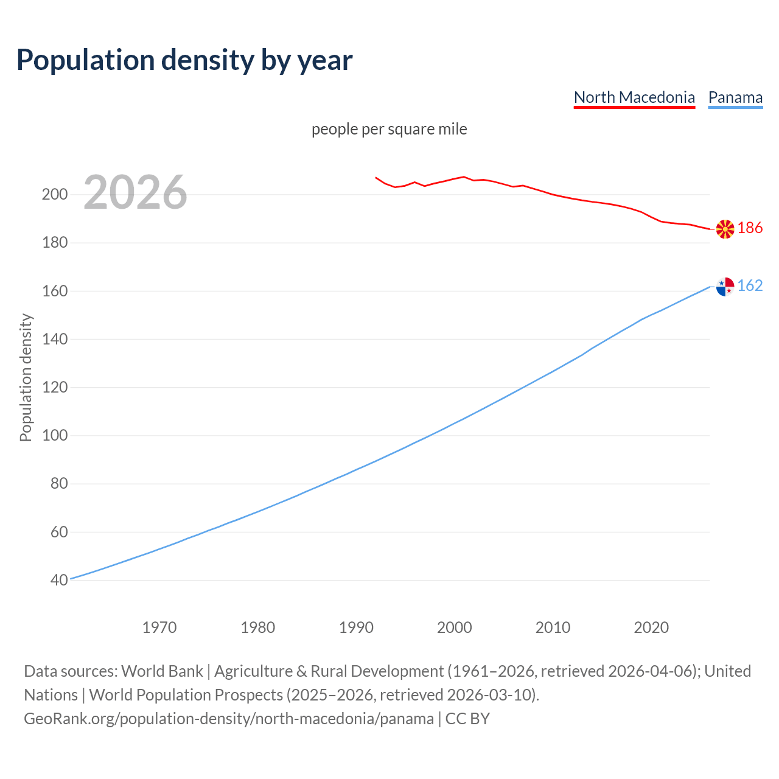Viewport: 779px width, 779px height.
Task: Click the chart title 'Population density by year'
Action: pyautogui.click(x=184, y=60)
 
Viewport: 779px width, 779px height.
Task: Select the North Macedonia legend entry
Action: pyautogui.click(x=634, y=97)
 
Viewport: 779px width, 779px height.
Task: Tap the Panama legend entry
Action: pyautogui.click(x=735, y=97)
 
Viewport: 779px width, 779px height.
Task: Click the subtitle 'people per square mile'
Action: pyautogui.click(x=389, y=129)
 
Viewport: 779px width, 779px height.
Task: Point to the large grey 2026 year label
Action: pyautogui.click(x=135, y=192)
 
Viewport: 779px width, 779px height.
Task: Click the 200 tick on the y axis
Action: pyautogui.click(x=54, y=195)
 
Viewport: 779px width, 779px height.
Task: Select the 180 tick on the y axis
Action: pyautogui.click(x=54, y=243)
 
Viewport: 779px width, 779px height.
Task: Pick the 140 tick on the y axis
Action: pyautogui.click(x=54, y=339)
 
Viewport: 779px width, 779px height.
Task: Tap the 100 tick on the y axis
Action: pyautogui.click(x=54, y=436)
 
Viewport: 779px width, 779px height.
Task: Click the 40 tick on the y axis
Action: pyautogui.click(x=59, y=581)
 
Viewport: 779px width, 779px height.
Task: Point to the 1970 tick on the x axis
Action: pyautogui.click(x=159, y=627)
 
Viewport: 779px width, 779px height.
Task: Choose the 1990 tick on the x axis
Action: pyautogui.click(x=356, y=627)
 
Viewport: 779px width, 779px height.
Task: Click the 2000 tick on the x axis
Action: pyautogui.click(x=455, y=627)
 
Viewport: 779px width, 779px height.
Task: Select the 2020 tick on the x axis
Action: pyautogui.click(x=651, y=627)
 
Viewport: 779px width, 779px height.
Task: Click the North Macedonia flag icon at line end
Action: pyautogui.click(x=725, y=229)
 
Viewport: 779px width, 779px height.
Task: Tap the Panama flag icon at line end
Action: pyautogui.click(x=725, y=286)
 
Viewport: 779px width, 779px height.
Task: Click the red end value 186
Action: pyautogui.click(x=750, y=228)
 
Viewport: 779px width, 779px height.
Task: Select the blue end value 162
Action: pyautogui.click(x=750, y=286)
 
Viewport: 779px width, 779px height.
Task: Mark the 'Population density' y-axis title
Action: pyautogui.click(x=26, y=377)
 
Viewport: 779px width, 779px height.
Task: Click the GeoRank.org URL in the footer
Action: pyautogui.click(x=229, y=719)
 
